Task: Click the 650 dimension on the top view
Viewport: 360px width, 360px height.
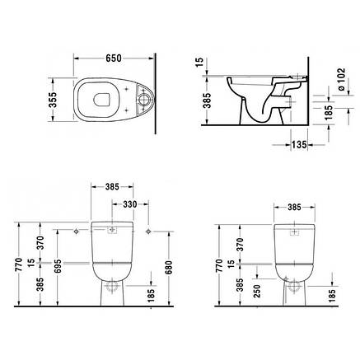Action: pyautogui.click(x=114, y=58)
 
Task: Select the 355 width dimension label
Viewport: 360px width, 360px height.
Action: pyautogui.click(x=53, y=100)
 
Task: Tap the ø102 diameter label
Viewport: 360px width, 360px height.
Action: pyautogui.click(x=341, y=79)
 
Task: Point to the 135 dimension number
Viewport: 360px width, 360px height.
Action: pyautogui.click(x=299, y=144)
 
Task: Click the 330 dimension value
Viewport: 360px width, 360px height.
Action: pyautogui.click(x=129, y=204)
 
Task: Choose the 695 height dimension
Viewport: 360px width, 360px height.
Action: pyautogui.click(x=58, y=266)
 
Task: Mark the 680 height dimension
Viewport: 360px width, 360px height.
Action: pyautogui.click(x=168, y=268)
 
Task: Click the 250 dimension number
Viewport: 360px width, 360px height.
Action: pyautogui.click(x=256, y=291)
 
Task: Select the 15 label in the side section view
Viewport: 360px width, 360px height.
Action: pyautogui.click(x=200, y=62)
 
